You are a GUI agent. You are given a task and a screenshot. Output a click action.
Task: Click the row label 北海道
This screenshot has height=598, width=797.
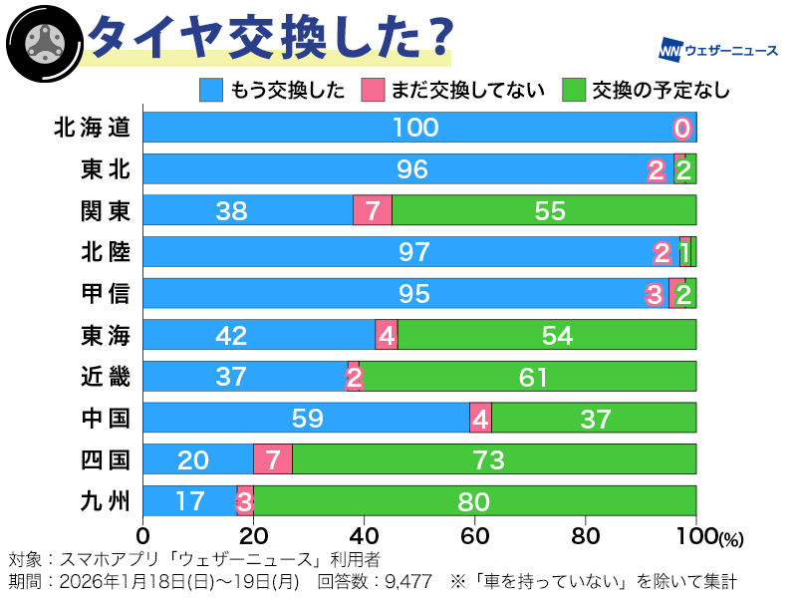(x=93, y=128)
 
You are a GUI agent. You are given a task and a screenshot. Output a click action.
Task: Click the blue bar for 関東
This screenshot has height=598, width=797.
(x=248, y=210)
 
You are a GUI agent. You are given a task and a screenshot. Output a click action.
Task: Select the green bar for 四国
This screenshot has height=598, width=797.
(x=493, y=459)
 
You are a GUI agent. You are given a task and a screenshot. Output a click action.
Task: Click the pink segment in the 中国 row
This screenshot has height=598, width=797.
(x=480, y=418)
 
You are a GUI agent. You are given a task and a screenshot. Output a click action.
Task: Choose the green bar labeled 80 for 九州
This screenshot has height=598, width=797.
(x=474, y=501)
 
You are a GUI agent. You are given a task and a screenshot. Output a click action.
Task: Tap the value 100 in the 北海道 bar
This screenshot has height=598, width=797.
(x=415, y=128)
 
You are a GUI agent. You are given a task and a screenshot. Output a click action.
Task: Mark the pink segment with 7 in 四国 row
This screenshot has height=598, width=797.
(x=272, y=459)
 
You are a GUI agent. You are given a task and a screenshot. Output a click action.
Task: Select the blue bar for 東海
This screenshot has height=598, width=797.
(x=259, y=335)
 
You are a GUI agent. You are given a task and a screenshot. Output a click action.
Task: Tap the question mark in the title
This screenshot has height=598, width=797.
(x=431, y=37)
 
